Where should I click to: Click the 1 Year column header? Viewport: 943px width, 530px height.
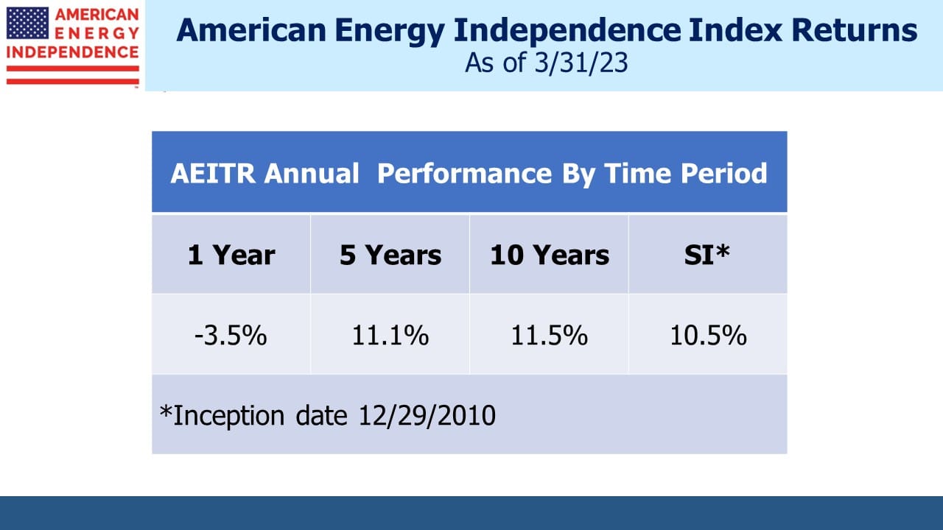pos(231,255)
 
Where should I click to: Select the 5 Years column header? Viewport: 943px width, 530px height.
pos(390,255)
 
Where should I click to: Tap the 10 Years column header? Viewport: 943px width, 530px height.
pos(550,255)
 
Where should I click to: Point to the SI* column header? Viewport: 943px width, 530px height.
pos(707,254)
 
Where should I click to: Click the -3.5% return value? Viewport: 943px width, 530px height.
pos(231,336)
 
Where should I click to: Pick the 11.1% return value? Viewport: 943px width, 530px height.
pos(390,336)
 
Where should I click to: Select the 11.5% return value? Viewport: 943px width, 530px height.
pos(550,336)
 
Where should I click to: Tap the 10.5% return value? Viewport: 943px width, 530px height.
pos(709,336)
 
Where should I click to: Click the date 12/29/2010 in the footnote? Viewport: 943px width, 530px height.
pos(427,416)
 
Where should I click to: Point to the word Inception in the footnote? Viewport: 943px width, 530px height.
pos(228,417)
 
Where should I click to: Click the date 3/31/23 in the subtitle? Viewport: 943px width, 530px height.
pos(581,63)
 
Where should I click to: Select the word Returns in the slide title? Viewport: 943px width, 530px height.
pos(854,30)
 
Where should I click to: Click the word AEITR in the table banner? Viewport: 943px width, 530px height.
pos(213,173)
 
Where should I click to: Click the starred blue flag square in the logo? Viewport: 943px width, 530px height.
pos(27,23)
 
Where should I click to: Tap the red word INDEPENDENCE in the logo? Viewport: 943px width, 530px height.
pos(72,52)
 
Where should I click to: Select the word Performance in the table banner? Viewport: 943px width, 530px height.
pos(464,174)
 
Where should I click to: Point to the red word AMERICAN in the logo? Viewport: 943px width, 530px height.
pos(97,15)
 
